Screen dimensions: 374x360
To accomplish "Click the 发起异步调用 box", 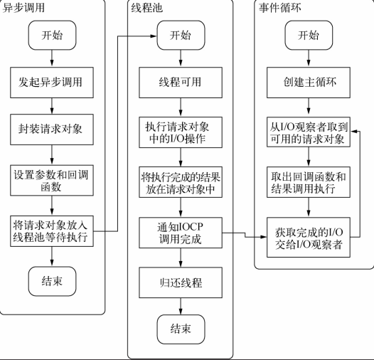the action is point(52,83).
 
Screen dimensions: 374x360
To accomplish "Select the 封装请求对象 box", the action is point(52,129).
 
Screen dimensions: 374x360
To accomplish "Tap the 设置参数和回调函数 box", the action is point(52,180).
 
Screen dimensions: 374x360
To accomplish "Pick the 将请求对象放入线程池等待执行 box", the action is point(52,231).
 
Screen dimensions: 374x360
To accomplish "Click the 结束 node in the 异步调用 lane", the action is point(52,281).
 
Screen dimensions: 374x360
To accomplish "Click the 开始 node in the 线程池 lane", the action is point(181,36).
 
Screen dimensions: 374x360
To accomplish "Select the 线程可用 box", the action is point(181,83).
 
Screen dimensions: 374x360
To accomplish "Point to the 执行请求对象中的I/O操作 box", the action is point(181,132).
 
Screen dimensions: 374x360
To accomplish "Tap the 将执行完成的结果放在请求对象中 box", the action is point(181,182).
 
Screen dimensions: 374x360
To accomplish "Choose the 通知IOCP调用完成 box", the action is point(181,233).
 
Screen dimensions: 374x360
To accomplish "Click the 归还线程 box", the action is point(181,282).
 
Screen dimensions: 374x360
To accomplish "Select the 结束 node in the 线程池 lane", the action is point(181,329).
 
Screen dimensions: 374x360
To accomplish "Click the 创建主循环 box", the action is point(309,83).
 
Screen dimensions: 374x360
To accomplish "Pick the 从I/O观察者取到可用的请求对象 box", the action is point(309,132).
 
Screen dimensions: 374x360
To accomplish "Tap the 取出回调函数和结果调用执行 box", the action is point(309,182).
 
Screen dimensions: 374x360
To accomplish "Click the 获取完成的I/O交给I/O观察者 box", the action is point(309,238).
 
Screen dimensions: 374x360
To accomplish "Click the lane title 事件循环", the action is point(279,8).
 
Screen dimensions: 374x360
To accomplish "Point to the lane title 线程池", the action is point(147,8).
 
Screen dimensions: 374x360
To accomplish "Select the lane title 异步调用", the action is point(23,8).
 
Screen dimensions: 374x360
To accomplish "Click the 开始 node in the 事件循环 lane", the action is point(309,36).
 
